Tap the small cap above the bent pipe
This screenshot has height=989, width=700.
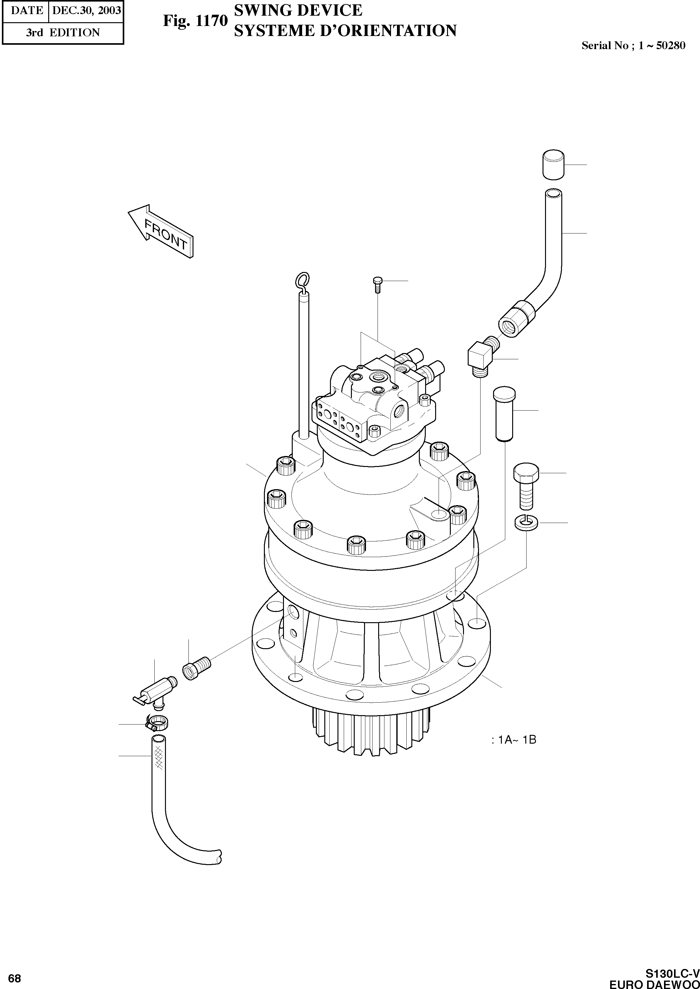[x=553, y=165]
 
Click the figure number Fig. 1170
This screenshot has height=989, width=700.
[x=195, y=21]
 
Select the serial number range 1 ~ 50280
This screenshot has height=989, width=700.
[x=661, y=45]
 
